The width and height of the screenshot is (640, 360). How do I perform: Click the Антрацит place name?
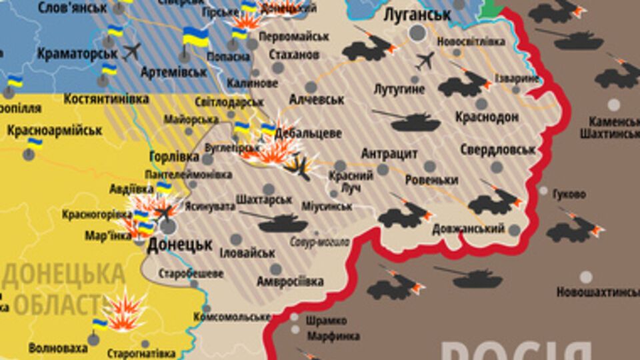389,154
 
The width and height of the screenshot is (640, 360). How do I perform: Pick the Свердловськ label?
497,149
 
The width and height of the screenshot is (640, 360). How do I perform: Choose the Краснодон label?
487,117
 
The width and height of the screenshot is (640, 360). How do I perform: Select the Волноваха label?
58,348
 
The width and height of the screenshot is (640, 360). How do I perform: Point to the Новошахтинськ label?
597,292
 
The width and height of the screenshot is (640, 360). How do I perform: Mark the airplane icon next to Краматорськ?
132,51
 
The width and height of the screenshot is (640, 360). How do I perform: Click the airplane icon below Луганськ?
425,61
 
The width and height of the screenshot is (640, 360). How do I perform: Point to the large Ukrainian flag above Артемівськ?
195,37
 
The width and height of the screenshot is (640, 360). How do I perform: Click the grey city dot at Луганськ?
417,33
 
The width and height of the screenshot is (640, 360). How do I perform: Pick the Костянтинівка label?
106,99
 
